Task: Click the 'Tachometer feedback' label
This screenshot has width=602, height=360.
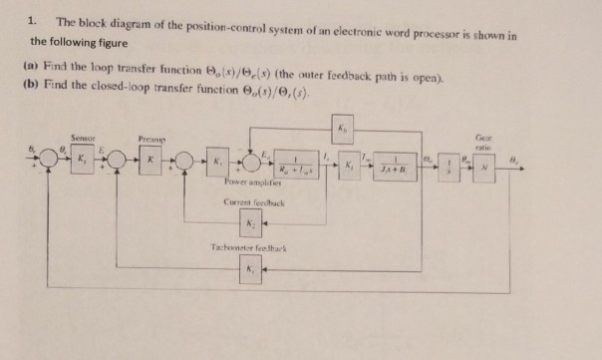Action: point(249,245)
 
